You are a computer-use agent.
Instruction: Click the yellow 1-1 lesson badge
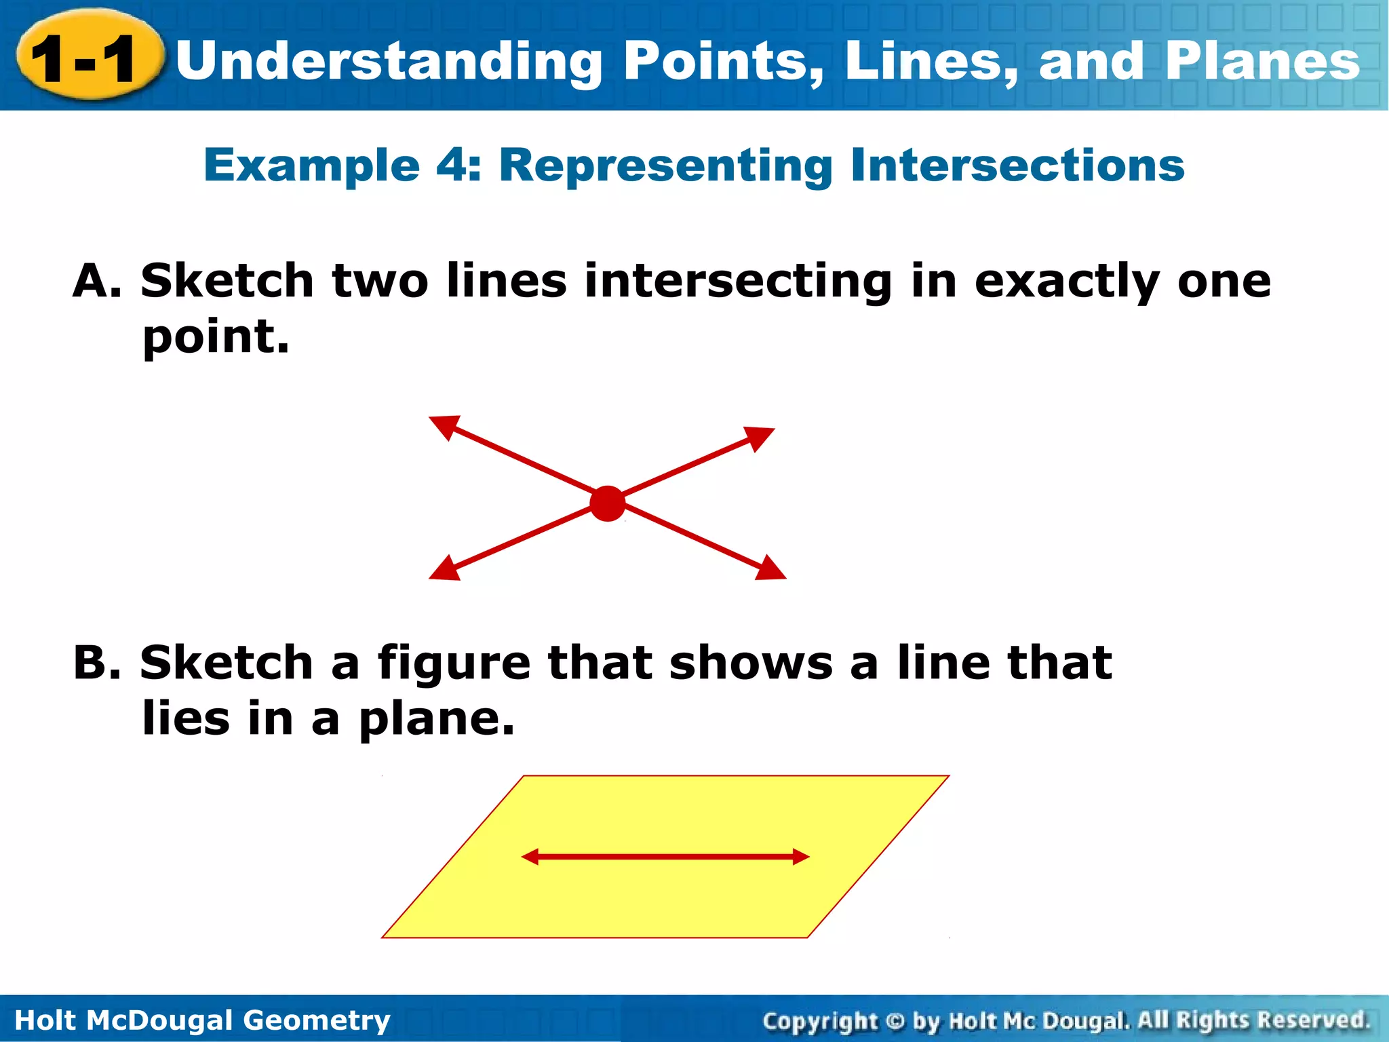point(88,58)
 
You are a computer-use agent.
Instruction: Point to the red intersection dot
point(607,503)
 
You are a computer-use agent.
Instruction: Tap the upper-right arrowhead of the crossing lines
point(761,437)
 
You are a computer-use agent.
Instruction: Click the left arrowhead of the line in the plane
point(530,857)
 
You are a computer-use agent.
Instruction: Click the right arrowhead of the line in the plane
point(801,857)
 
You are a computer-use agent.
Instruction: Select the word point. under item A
point(216,338)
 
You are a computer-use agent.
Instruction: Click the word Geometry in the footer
point(316,1020)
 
